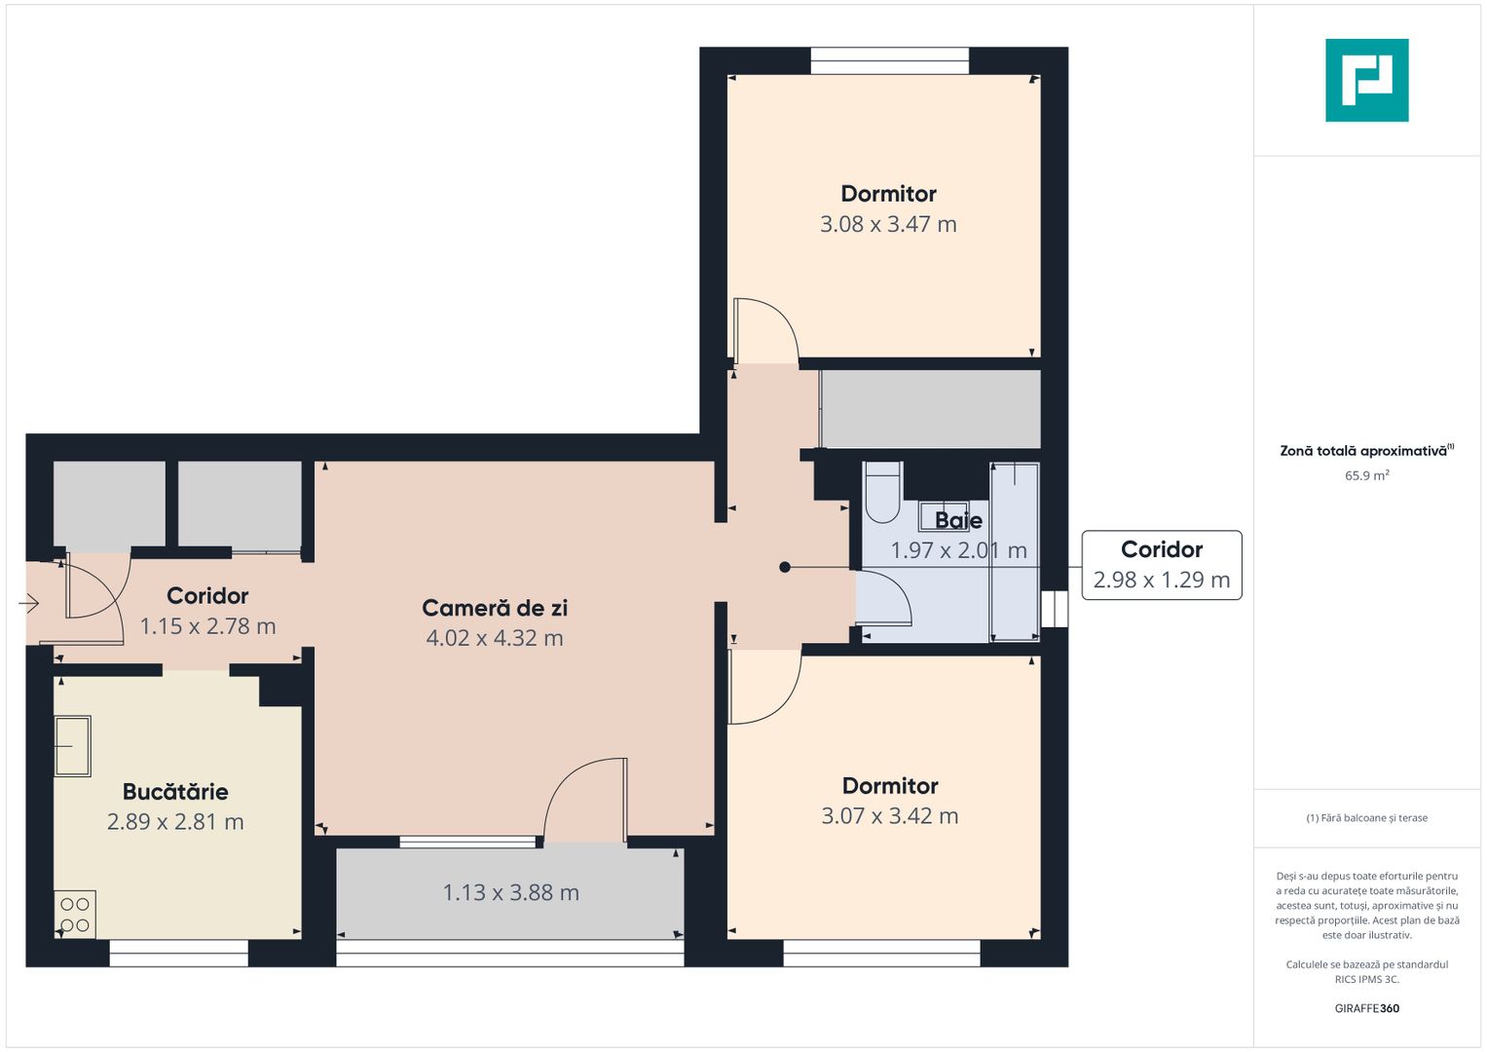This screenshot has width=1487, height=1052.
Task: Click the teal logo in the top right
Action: pos(1366,80)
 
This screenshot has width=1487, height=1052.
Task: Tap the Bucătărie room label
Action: pos(175,792)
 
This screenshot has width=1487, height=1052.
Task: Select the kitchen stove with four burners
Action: pos(75,914)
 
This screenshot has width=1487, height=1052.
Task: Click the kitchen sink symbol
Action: pos(72,746)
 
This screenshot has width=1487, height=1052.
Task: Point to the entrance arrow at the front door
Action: pos(28,604)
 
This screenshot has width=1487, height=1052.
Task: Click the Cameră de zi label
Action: pos(495,608)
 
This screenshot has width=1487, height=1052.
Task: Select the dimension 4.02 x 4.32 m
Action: pos(495,638)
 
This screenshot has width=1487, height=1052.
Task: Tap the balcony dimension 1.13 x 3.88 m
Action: pos(510,892)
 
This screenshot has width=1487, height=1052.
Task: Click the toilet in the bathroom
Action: pos(883,493)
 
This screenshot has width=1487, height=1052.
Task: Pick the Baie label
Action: pos(958,520)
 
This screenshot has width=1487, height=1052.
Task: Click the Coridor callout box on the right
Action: pos(1161,565)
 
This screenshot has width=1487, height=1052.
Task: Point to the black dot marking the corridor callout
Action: pos(785,567)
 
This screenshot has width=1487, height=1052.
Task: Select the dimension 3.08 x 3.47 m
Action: pos(888,224)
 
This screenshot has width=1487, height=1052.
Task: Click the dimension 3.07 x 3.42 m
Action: pos(889,816)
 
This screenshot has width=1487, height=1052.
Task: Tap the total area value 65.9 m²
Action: pos(1366,476)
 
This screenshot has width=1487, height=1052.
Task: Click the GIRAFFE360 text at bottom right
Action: pos(1366,1008)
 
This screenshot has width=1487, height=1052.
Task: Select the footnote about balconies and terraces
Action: pos(1366,818)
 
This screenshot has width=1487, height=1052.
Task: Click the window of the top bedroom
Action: pos(889,60)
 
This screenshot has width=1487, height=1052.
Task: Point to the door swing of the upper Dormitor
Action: pos(765,329)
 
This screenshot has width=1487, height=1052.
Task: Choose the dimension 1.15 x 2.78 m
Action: pos(207,626)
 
